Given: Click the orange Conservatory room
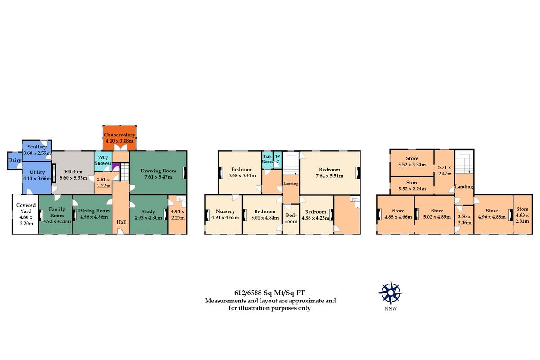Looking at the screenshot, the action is click(x=120, y=138).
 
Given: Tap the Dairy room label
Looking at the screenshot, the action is click(x=14, y=160).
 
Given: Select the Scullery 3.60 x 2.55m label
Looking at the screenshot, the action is click(x=37, y=150).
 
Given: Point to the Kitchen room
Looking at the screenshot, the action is click(x=73, y=173).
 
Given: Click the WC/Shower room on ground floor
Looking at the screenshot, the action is click(x=103, y=161).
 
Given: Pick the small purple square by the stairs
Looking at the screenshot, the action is click(x=116, y=166).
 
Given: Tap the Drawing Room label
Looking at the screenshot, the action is click(x=158, y=171).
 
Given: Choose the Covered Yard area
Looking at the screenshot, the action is click(x=26, y=214).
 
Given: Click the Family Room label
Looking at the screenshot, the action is click(x=57, y=212).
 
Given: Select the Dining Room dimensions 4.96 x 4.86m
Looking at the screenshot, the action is click(x=94, y=217).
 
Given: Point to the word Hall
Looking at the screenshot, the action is click(x=121, y=222).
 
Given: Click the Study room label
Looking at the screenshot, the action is click(x=148, y=211).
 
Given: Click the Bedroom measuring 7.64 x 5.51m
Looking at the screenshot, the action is click(x=330, y=173).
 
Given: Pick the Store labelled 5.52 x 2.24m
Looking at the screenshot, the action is click(x=412, y=186).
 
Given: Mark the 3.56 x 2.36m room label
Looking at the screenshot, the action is click(x=464, y=220).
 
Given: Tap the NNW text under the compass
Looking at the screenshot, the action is click(x=391, y=309).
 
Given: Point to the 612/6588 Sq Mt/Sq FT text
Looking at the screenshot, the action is click(x=270, y=293).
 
